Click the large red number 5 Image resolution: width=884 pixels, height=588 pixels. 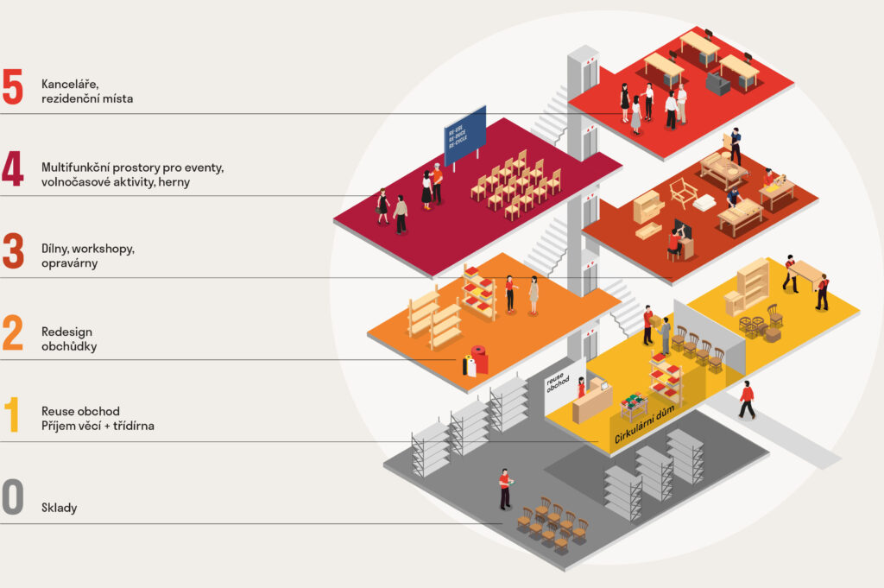coord(12,86)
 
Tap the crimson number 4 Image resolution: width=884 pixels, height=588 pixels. coord(12,168)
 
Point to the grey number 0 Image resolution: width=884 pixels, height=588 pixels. coord(12,498)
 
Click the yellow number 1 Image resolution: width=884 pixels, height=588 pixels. coord(12,415)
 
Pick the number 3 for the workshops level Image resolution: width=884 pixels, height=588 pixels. coord(12,250)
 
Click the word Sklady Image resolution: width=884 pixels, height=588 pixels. coord(60,508)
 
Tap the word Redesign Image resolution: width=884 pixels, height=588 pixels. coord(66,332)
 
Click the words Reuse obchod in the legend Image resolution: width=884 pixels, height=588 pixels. coord(80,410)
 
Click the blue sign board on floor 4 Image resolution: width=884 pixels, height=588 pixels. coord(465,134)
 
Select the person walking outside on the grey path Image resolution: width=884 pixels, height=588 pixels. coord(747,400)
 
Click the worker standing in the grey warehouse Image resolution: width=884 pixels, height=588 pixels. coord(504,488)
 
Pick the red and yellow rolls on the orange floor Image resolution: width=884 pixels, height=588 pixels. coord(474,362)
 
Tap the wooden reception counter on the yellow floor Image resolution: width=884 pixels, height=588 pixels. coord(592,402)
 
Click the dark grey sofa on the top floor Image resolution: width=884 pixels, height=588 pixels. coord(717,84)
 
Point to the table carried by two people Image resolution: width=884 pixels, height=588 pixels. coord(805,273)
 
